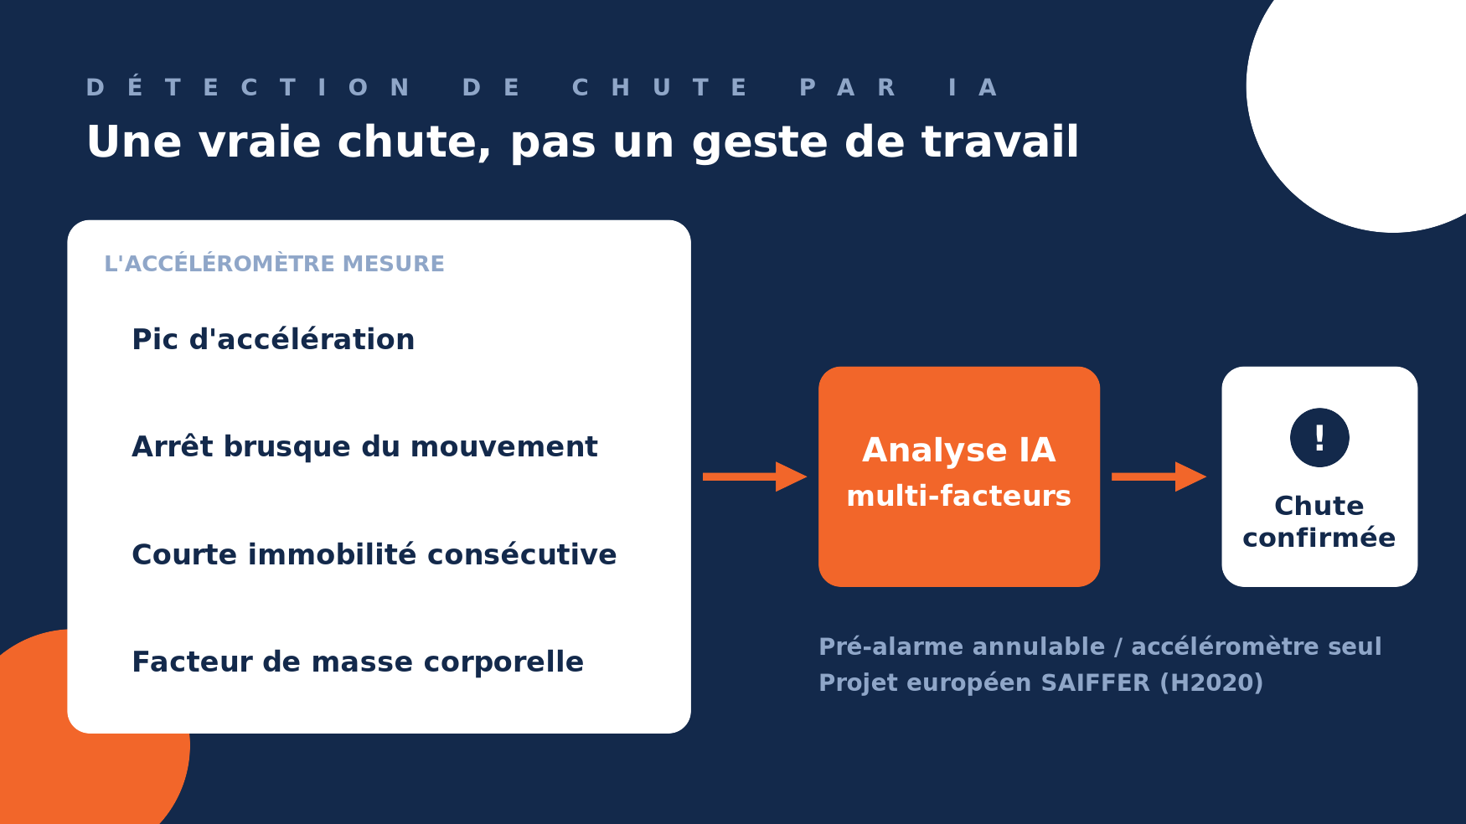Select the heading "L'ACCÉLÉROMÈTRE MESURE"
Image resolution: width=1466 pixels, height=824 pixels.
click(274, 263)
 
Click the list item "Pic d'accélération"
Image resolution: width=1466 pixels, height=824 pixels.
click(273, 339)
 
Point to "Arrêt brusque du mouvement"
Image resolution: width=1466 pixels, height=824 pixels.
click(364, 446)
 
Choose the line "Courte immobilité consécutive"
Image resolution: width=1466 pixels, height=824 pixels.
click(374, 554)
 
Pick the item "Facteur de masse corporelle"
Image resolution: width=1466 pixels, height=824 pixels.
click(358, 662)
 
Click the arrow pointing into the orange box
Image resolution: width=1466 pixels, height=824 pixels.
click(755, 476)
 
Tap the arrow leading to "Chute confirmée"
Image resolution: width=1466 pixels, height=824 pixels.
click(1159, 476)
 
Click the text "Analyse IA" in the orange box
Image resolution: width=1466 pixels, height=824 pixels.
click(958, 450)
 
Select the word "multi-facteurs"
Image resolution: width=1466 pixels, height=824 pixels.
click(958, 496)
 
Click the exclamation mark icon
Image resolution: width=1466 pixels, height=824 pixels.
click(1319, 437)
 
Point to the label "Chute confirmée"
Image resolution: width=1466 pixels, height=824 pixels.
click(1319, 522)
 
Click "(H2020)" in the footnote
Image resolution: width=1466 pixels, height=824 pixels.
click(1211, 682)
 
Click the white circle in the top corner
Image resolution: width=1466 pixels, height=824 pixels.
click(1374, 92)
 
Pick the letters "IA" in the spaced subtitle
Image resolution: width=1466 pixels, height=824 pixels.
click(973, 87)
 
